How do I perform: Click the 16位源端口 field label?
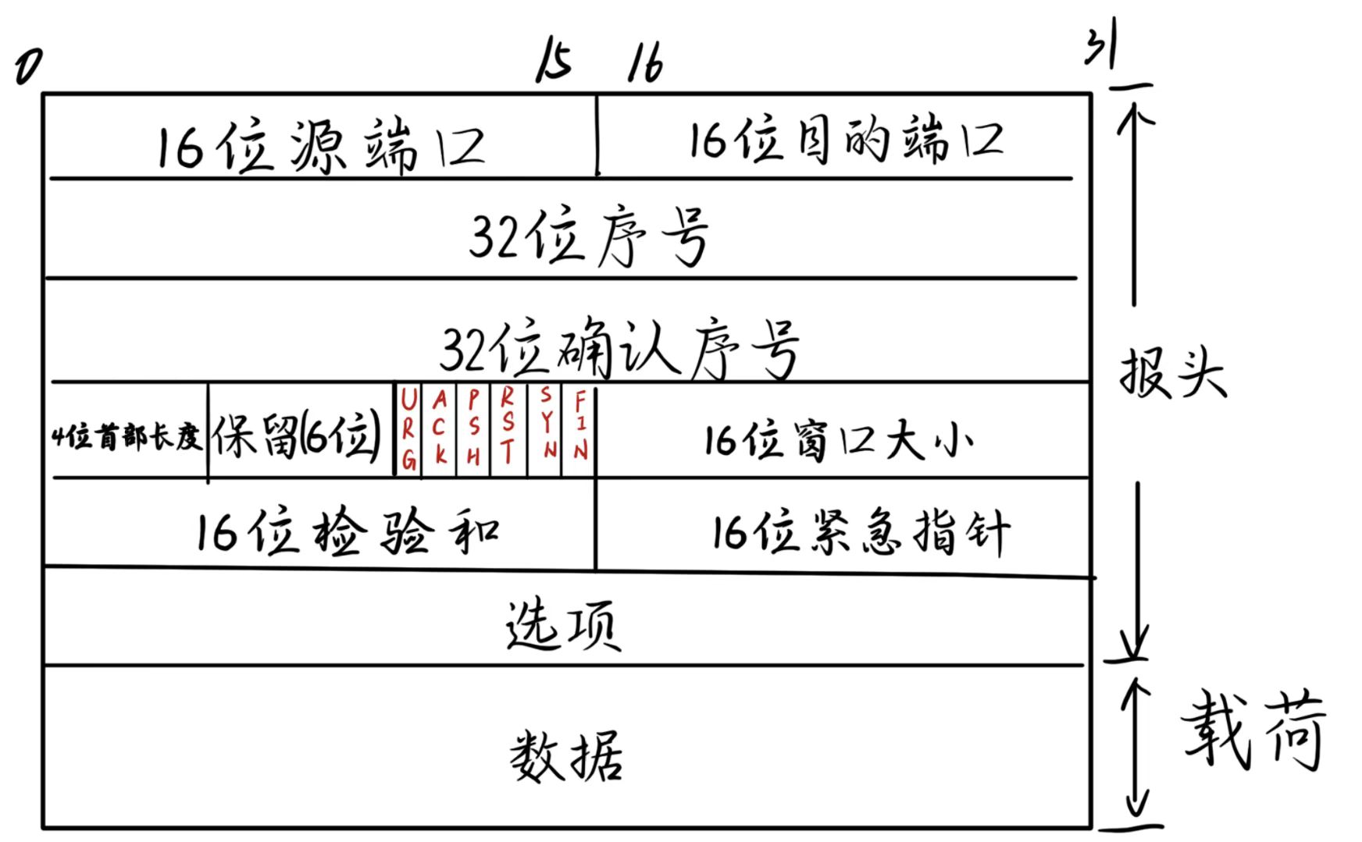(320, 146)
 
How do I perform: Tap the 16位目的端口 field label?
(845, 141)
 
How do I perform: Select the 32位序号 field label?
(590, 236)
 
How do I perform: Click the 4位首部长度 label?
(127, 437)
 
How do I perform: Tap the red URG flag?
(408, 430)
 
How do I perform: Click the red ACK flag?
(440, 428)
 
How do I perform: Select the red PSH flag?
(473, 428)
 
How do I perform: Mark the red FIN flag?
(579, 425)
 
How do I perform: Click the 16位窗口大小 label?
(838, 440)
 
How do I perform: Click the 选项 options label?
(563, 625)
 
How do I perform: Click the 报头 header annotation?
(1171, 373)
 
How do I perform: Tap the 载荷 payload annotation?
(1253, 731)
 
